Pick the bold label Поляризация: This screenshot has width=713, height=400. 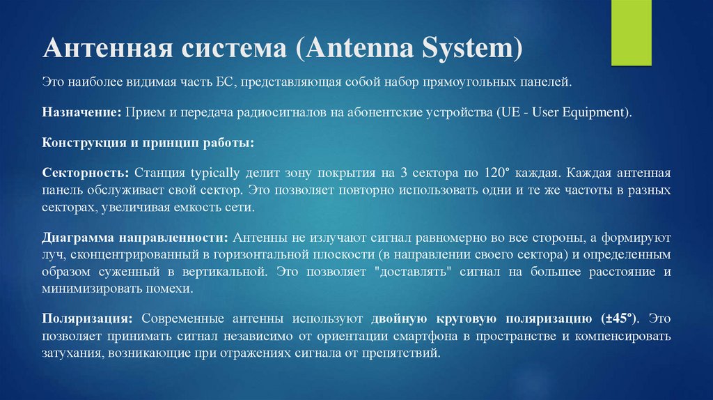[x=88, y=318]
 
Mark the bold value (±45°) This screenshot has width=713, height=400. [x=619, y=318]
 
